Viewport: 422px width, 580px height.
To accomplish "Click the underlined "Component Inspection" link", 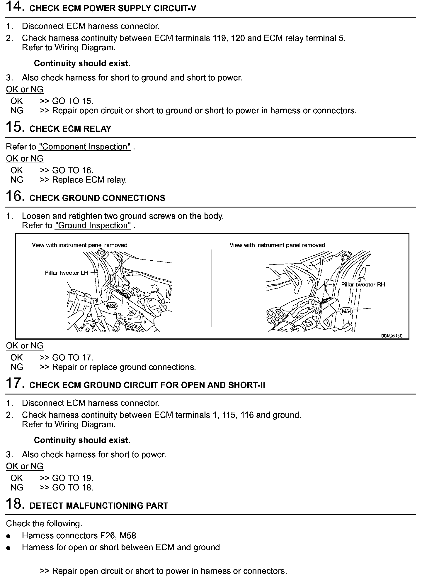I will pos(85,147).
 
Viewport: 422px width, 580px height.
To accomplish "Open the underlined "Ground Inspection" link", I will pos(93,225).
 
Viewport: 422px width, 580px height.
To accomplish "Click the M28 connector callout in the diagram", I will pos(112,306).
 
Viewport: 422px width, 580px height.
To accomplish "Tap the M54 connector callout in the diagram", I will pos(347,311).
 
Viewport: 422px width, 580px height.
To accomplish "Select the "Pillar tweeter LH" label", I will pos(66,273).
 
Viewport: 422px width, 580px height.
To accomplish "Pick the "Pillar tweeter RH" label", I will pos(363,284).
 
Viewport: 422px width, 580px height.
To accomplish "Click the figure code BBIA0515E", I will pos(392,336).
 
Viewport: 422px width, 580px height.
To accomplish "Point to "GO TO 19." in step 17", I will pos(73,478).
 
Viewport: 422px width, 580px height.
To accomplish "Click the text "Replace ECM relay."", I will pos(89,180).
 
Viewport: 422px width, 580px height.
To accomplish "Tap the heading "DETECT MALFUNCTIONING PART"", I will pos(99,506).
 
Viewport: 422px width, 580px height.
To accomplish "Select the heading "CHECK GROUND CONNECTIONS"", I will pos(97,198).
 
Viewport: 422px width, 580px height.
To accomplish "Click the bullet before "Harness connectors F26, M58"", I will pos(8,536).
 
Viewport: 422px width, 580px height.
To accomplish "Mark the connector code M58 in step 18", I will pos(128,536).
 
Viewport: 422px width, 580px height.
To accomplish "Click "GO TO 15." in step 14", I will pos(73,101).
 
